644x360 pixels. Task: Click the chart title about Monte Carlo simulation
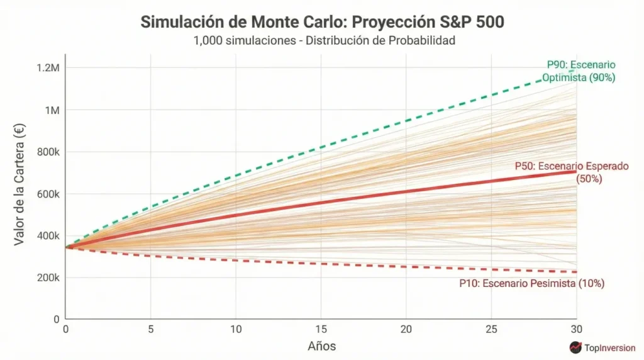point(322,21)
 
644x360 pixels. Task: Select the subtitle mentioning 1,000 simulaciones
point(322,40)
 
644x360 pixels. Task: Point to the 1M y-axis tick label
point(50,110)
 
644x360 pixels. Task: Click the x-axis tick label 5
point(151,329)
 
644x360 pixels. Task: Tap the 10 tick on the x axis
point(236,329)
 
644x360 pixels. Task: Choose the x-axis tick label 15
point(321,329)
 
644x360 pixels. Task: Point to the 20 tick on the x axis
point(406,329)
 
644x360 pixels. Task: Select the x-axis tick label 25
point(491,329)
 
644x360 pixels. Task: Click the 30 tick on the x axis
point(576,329)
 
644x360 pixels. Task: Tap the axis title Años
point(321,346)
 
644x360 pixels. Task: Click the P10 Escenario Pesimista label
point(531,284)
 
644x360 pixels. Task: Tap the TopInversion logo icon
point(575,347)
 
